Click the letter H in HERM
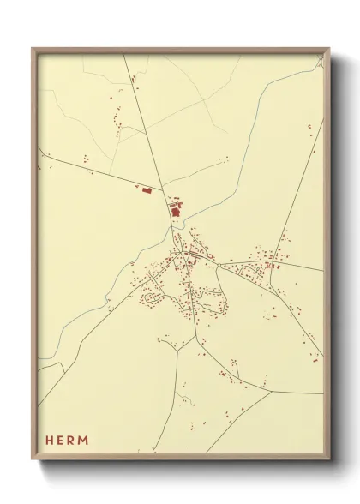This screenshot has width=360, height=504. pyautogui.click(x=50, y=440)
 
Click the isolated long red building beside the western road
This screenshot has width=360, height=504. pyautogui.click(x=146, y=189)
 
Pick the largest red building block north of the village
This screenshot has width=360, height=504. pyautogui.click(x=176, y=208)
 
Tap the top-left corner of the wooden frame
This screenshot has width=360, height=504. pyautogui.click(x=33, y=49)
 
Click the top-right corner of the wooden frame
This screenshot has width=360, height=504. pyautogui.click(x=327, y=49)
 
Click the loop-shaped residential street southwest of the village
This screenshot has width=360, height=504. pyautogui.click(x=152, y=299)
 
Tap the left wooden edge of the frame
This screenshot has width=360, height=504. pyautogui.click(x=34, y=257)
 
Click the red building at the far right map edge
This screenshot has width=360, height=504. pyautogui.click(x=315, y=360)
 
